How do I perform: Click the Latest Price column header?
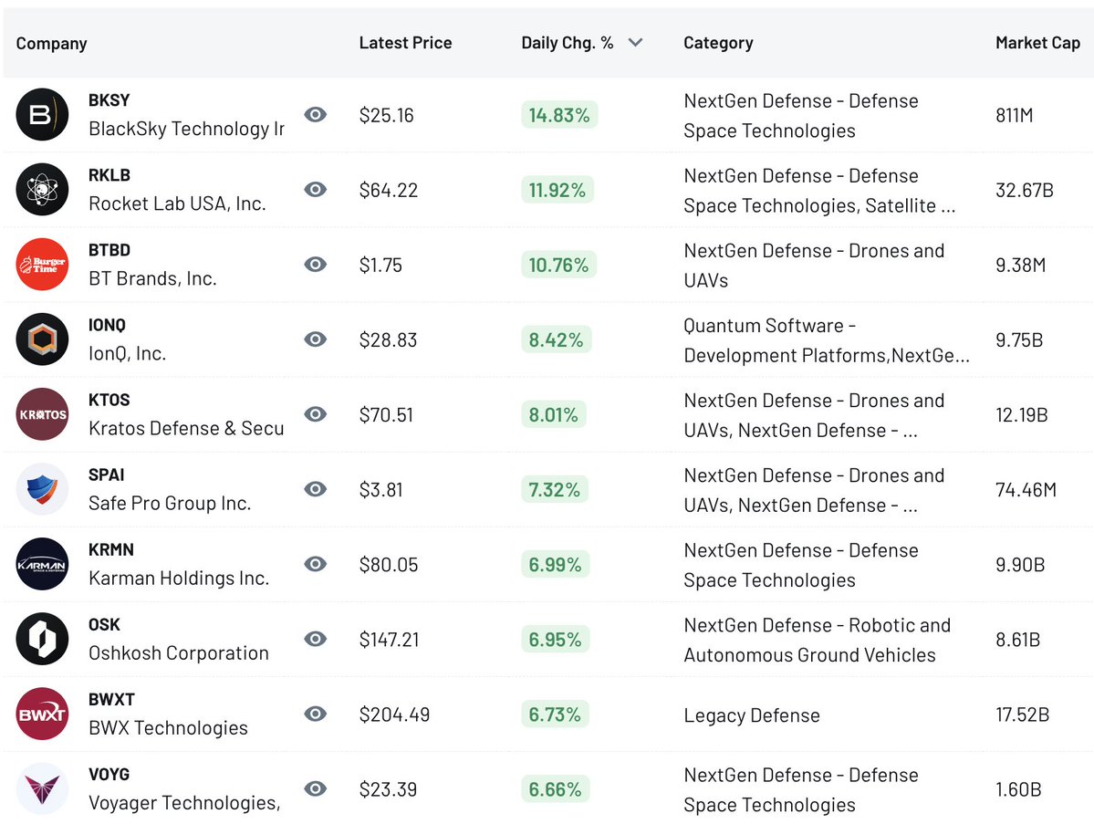pos(405,43)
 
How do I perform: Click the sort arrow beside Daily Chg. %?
pos(636,43)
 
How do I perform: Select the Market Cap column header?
pos(1037,43)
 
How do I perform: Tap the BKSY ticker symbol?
pos(109,100)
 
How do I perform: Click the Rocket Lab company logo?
pos(42,190)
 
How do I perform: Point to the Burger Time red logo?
pos(42,265)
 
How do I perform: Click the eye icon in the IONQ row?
pos(315,339)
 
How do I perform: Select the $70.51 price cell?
pos(386,415)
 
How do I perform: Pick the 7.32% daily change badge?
pos(555,490)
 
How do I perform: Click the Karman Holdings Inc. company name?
pos(179,579)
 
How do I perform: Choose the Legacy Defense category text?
pos(752,715)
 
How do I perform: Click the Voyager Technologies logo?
pos(42,789)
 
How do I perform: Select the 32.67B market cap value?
pos(1025,191)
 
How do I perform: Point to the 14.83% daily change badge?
pos(558,115)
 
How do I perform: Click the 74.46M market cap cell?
pos(1026,490)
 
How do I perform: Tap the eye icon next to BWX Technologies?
pos(315,714)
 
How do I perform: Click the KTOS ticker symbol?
pos(109,400)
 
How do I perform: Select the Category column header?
pos(718,43)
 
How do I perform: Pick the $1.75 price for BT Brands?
pos(380,266)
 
